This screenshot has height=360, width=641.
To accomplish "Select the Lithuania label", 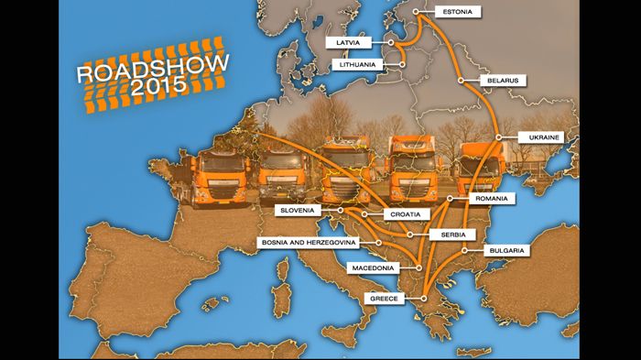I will tap(354, 64).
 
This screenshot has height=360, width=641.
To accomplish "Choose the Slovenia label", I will tap(299, 211).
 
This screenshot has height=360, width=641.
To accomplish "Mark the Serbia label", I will tap(452, 235).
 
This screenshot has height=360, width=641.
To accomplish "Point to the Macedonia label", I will tap(372, 268).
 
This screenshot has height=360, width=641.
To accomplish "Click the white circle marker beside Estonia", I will tap(417, 13).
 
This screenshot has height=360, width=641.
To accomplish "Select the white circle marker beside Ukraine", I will tap(499, 138).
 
